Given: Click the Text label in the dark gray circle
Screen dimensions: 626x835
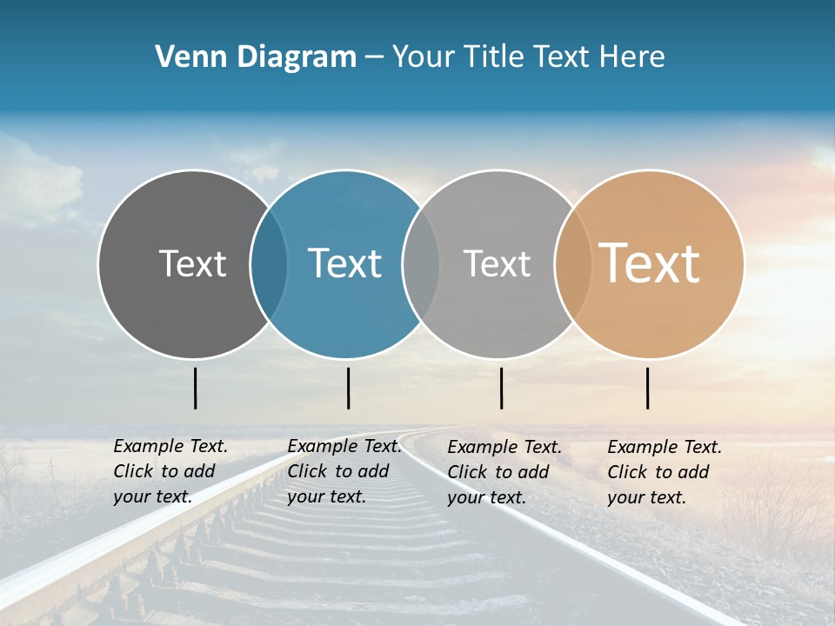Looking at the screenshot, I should click(192, 263).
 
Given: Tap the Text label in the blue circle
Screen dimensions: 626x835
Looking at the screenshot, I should click(345, 263).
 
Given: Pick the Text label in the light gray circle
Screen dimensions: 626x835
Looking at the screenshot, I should click(497, 263).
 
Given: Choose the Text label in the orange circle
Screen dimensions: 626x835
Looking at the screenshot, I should click(650, 263).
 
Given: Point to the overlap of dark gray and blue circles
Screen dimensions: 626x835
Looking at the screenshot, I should click(269, 263).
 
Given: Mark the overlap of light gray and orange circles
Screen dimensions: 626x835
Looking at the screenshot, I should click(573, 263).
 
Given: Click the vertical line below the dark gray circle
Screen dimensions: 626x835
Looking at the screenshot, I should click(196, 388).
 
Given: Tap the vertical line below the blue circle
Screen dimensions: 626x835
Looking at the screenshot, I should click(348, 388).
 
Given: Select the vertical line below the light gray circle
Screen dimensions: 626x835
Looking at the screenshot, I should click(502, 388).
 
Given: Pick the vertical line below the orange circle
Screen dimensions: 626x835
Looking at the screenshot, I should click(648, 388).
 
